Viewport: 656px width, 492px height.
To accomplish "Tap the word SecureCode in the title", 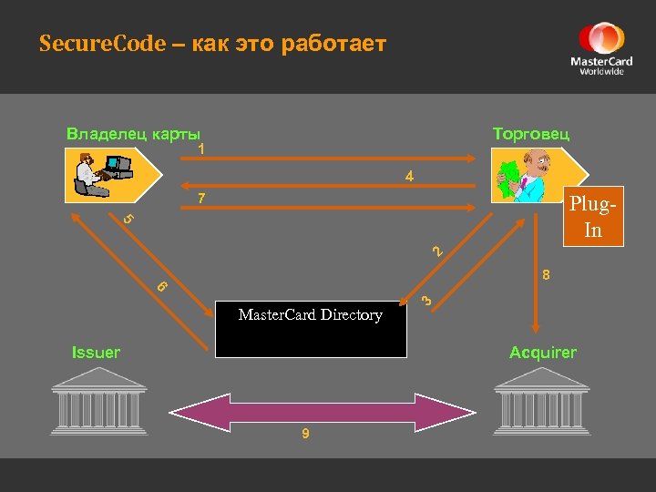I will coord(102,44).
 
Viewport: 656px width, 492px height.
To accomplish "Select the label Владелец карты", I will coord(133,133).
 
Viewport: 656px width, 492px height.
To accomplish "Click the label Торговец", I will coord(531,133).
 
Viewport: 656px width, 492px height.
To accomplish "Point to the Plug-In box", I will coord(593,217).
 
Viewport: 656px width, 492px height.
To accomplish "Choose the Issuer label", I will coord(96,353).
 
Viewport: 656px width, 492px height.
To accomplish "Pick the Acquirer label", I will coord(543,353).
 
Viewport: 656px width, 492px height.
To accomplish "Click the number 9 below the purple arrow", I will coord(306,434).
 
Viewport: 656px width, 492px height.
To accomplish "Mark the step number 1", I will coord(201,149).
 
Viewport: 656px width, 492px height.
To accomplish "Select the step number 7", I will coord(202,199).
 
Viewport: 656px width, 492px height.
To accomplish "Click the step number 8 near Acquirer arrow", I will coord(545,274).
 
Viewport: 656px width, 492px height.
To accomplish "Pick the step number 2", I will coord(437,251).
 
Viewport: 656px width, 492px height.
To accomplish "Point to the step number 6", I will coord(161,285).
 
